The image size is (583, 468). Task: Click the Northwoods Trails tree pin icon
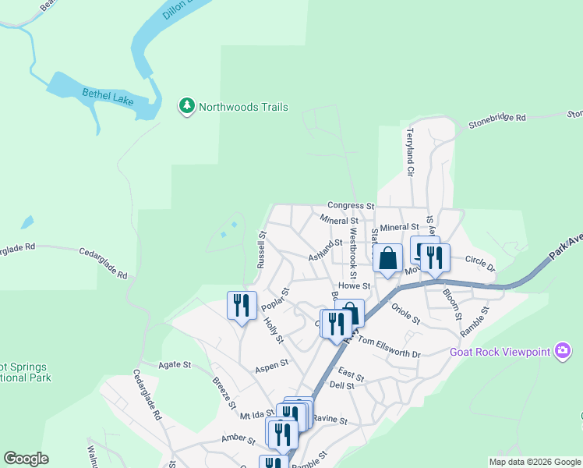coord(186,106)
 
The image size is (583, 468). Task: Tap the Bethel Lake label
coord(108,97)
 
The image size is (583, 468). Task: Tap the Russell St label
coord(262,248)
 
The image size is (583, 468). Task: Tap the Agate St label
coord(175,364)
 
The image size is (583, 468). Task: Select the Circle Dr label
coord(480,259)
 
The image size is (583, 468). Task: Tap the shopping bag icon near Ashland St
coord(387,258)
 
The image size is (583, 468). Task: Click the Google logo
coord(26,459)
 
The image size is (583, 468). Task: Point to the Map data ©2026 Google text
coord(534,462)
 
